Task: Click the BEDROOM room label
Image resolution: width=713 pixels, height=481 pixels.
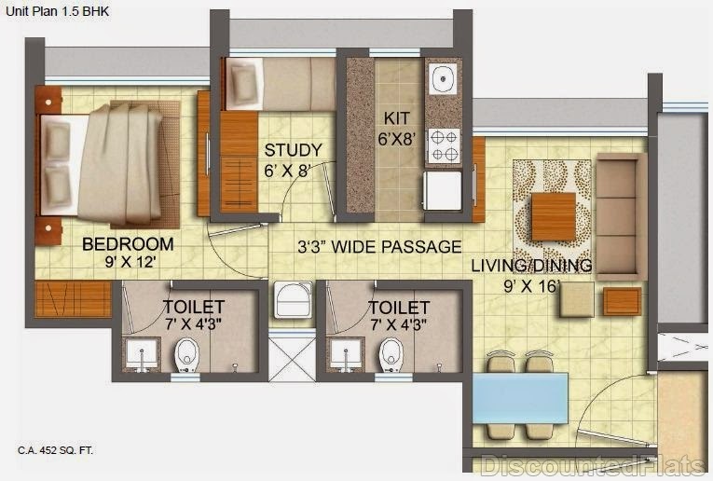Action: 128,244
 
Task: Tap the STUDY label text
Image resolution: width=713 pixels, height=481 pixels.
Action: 294,150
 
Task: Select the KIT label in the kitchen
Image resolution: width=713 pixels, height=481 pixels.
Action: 396,118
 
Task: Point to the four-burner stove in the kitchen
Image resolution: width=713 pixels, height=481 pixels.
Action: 444,145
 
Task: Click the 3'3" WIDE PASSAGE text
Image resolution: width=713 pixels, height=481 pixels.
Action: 379,247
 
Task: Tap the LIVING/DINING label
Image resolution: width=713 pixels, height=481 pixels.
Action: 531,266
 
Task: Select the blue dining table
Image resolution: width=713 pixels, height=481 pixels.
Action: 520,398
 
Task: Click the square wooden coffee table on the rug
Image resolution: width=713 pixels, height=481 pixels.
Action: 554,217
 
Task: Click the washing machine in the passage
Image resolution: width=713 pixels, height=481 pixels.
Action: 294,299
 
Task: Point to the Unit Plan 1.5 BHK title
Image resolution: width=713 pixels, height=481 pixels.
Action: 57,11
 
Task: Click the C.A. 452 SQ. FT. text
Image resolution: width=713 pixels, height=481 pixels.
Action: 56,450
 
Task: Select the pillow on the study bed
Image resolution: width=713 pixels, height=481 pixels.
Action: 244,84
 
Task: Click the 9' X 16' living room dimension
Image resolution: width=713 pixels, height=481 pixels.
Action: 530,286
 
